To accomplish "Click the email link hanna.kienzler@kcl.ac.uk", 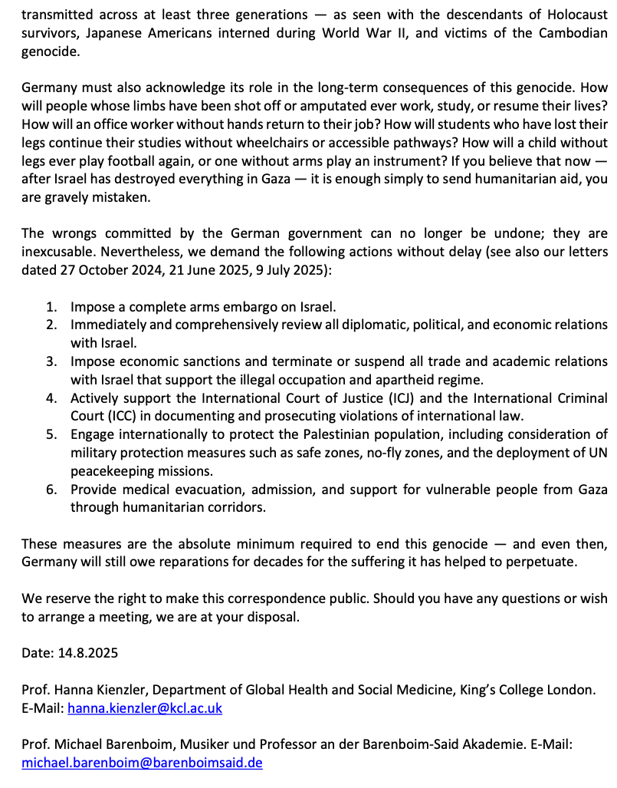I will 145,708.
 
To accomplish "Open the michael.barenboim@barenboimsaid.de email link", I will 143,763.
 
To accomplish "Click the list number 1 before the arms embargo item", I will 51,307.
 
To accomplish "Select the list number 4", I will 51,398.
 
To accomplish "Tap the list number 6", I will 51,490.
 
